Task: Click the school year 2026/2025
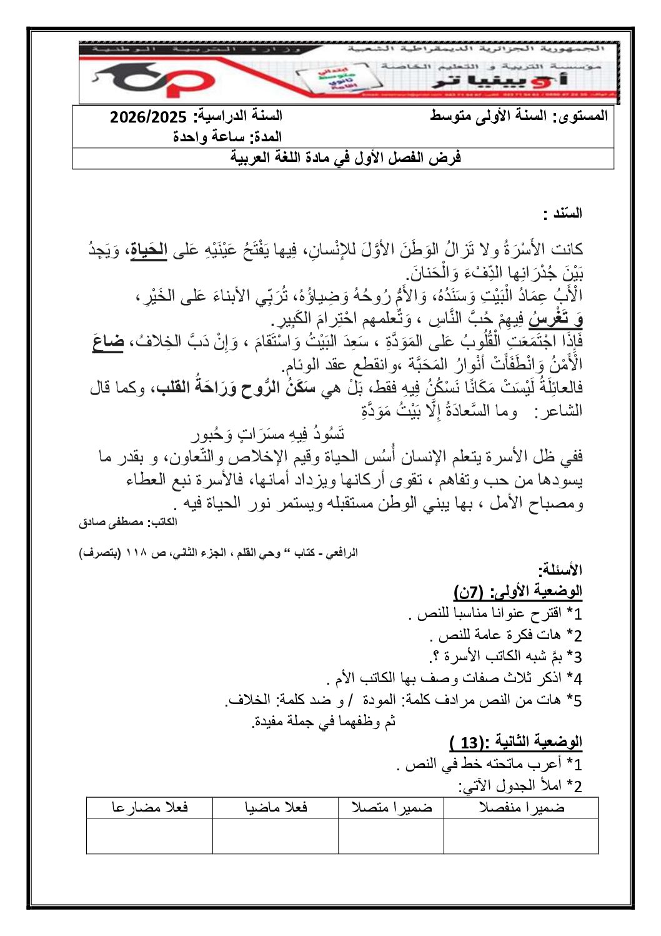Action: tap(148, 117)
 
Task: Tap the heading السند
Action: tap(563, 213)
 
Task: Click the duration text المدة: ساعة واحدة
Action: tap(227, 137)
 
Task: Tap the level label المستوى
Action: tap(581, 116)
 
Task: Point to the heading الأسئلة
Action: tap(560, 570)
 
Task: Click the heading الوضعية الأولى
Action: tap(518, 591)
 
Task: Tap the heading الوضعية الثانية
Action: tap(516, 743)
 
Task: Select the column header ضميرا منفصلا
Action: tap(521, 807)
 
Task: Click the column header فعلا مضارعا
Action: tap(149, 807)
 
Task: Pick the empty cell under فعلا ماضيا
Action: tap(275, 835)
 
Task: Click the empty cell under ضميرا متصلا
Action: tap(391, 835)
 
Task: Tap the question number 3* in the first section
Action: tap(574, 657)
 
